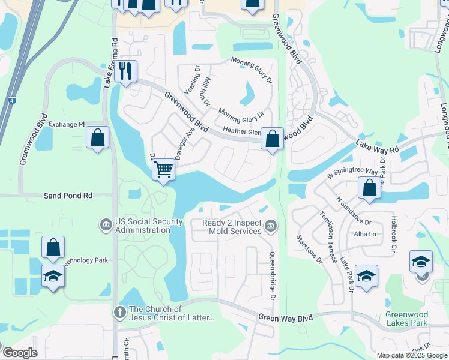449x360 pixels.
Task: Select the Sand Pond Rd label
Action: [x=68, y=196]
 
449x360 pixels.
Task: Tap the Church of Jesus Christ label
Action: [x=172, y=313]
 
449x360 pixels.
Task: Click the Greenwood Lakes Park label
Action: [x=406, y=319]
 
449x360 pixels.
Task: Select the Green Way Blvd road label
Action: [x=286, y=317]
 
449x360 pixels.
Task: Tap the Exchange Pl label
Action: [x=67, y=124]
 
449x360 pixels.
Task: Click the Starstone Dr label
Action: [x=309, y=249]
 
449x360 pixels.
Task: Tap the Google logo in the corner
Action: [x=20, y=353]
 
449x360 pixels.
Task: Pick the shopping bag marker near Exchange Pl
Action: [x=97, y=137]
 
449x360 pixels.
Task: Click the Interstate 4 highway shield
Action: [x=12, y=101]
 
